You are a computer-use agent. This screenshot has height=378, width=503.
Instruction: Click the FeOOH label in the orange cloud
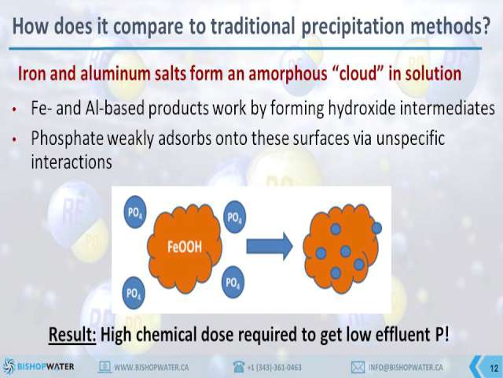tap(185, 246)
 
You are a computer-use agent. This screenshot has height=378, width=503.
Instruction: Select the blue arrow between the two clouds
tap(270, 246)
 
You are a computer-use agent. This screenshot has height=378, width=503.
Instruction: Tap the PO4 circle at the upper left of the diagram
tap(135, 213)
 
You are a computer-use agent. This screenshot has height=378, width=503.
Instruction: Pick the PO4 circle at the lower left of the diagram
tap(134, 293)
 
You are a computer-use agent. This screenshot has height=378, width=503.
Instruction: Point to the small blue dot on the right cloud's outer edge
tap(376, 228)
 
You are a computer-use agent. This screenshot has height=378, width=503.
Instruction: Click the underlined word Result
tap(72, 334)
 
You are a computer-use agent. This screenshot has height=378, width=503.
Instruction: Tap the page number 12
tap(494, 368)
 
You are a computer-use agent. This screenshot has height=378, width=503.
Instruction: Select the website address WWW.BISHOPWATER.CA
tap(151, 367)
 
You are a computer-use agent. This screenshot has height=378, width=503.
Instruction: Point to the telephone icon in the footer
tap(239, 367)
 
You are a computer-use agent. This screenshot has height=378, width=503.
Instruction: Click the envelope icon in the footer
tap(358, 367)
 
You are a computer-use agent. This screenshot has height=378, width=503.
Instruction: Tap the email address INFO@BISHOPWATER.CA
tap(406, 367)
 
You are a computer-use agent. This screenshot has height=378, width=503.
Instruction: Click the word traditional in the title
tap(252, 26)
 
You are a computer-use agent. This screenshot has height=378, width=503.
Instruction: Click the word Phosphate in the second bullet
tap(68, 139)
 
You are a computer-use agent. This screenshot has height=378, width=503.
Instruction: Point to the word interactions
tap(72, 161)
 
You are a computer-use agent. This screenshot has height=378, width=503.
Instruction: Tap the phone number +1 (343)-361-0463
tap(274, 367)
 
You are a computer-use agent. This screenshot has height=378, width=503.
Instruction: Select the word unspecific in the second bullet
tap(410, 139)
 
